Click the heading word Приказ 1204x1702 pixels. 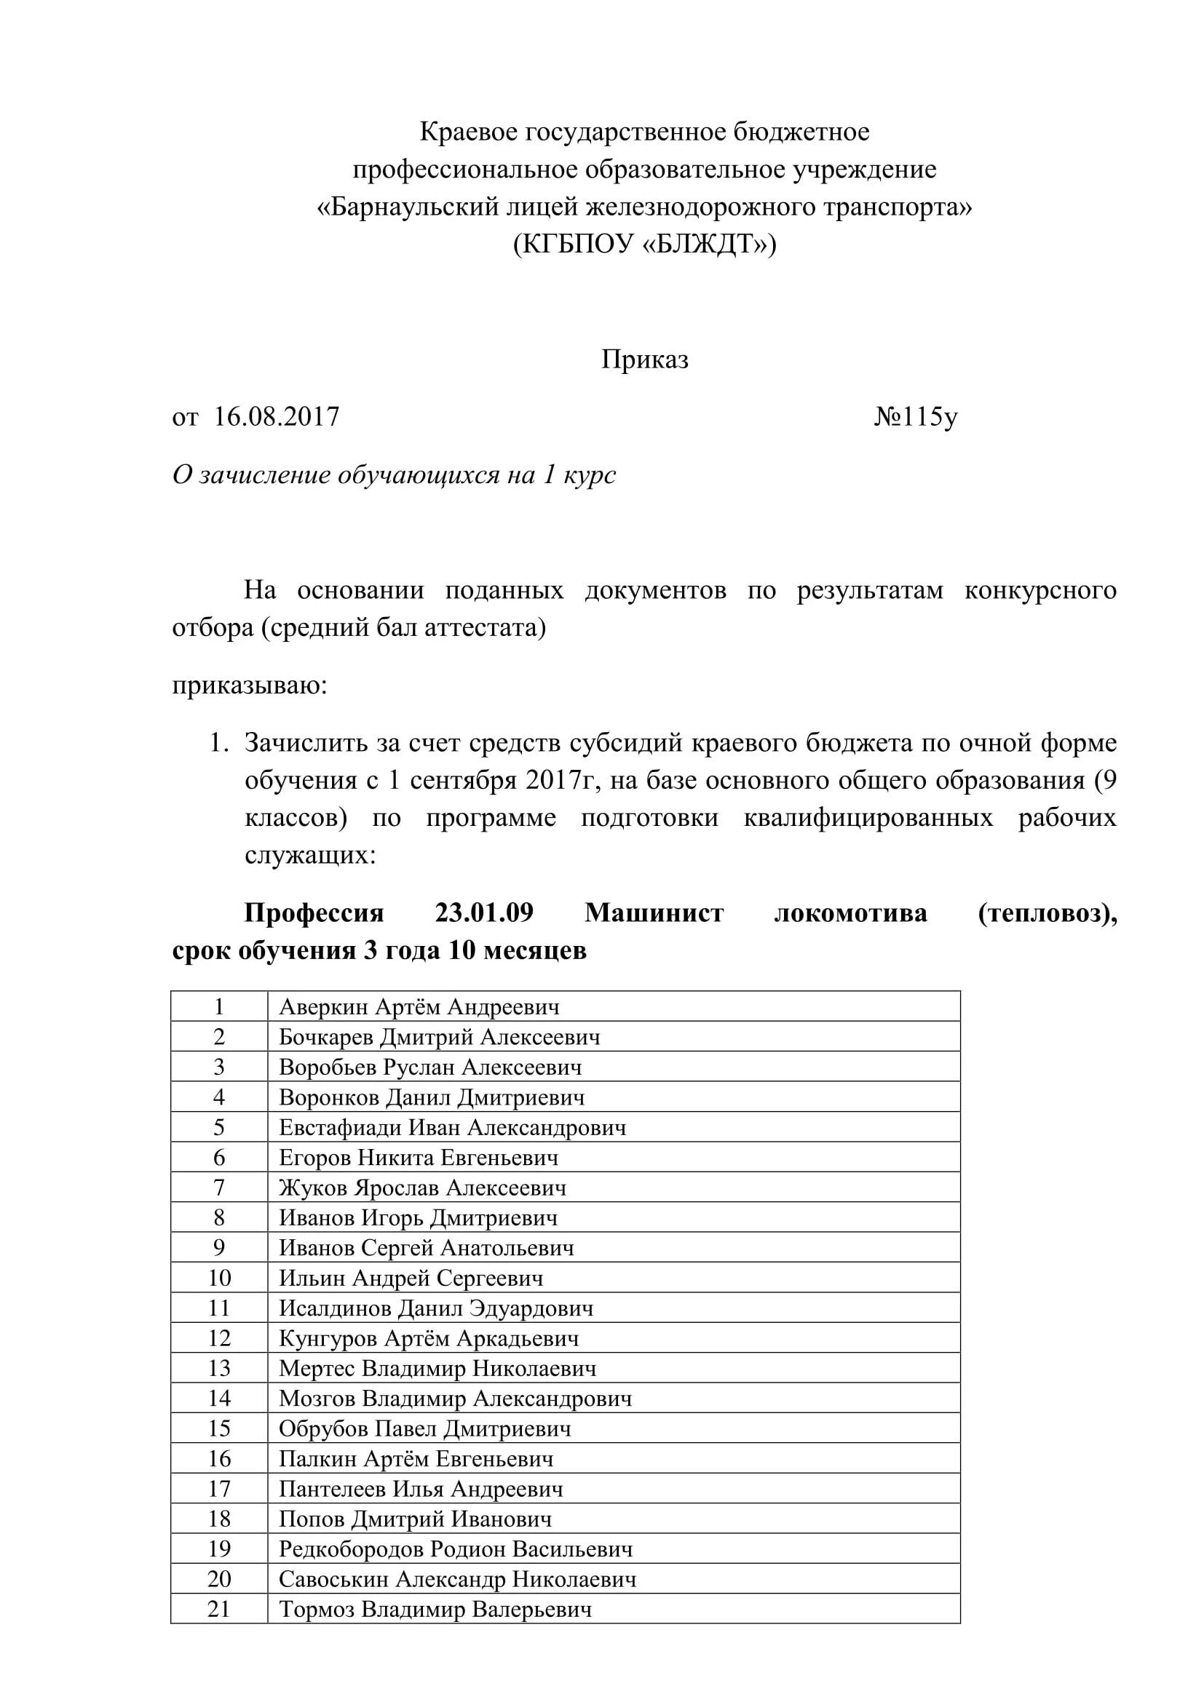[644, 359]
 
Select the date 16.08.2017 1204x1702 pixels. [277, 418]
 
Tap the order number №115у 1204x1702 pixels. [916, 418]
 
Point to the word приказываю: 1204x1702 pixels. [250, 685]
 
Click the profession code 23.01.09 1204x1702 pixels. [484, 912]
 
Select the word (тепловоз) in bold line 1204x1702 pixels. [1046, 912]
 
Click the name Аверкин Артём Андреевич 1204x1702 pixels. [419, 1006]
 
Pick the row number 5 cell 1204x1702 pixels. [218, 1127]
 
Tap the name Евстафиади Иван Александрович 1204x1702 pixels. [452, 1127]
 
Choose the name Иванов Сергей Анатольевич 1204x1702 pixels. [427, 1249]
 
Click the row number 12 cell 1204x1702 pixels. [218, 1339]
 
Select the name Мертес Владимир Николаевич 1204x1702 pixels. [437, 1369]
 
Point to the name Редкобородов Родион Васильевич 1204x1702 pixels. [456, 1549]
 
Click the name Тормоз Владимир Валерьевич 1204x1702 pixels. [435, 1610]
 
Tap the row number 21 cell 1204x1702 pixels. [218, 1610]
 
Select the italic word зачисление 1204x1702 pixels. [265, 475]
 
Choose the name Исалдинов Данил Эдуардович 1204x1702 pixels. [436, 1308]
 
